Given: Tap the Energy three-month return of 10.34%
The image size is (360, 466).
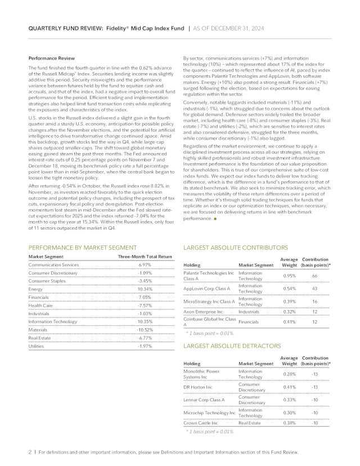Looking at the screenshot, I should [x=145, y=289].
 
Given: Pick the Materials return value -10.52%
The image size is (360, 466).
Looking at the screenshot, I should [x=145, y=329].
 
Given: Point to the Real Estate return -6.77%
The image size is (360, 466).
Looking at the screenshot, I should [x=145, y=338].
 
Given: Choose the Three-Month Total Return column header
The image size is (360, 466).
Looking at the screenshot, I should [x=145, y=256].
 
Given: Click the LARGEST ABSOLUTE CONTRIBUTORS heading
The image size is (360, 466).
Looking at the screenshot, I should [x=236, y=247].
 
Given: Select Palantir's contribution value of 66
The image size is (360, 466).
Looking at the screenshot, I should [x=316, y=276].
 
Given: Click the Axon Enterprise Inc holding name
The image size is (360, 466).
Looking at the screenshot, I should [x=205, y=311].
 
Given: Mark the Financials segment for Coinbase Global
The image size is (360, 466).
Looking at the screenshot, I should [x=249, y=322].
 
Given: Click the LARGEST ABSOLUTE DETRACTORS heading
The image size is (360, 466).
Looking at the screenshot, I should [x=232, y=347].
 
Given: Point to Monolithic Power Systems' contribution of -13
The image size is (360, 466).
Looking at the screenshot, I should [x=316, y=374].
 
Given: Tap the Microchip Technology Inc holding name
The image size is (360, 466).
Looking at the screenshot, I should [x=209, y=413].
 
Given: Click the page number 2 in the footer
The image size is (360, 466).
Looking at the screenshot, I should [x=29, y=452].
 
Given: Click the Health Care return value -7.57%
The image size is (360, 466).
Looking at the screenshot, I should [x=145, y=305].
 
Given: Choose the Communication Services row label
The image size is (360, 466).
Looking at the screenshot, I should [x=54, y=265].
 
